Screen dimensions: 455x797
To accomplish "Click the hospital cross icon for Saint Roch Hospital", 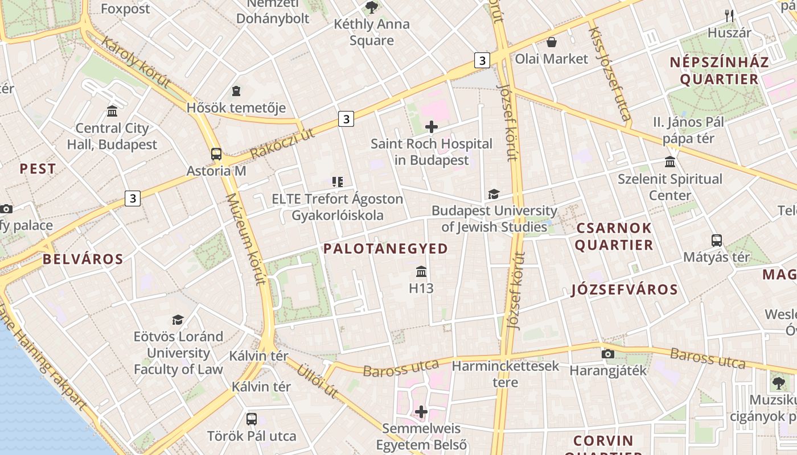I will click(x=432, y=126).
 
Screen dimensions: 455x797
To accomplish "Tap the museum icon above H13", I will click(x=421, y=271).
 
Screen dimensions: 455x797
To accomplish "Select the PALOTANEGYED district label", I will click(x=386, y=249).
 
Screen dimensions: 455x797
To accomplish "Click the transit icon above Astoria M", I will click(x=216, y=154).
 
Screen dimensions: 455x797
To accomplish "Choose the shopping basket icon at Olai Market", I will click(x=551, y=42).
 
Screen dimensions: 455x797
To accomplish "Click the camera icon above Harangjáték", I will click(x=607, y=354).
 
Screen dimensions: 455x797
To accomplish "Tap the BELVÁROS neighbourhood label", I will click(x=83, y=259).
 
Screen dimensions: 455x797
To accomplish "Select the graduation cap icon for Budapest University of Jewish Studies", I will click(x=494, y=195).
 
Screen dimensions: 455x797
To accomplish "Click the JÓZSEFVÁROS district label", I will click(x=625, y=289).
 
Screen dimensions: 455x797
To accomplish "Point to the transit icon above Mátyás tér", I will click(x=716, y=241).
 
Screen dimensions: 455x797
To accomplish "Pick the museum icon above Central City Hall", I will click(x=112, y=111).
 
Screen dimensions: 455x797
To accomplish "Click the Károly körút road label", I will click(x=136, y=62).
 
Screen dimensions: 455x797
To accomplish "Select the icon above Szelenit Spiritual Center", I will click(x=670, y=162).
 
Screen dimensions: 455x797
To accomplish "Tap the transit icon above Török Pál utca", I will click(x=252, y=419).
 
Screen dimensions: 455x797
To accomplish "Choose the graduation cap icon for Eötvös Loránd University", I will click(x=178, y=320).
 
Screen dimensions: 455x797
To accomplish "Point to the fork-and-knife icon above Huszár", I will click(x=729, y=16).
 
